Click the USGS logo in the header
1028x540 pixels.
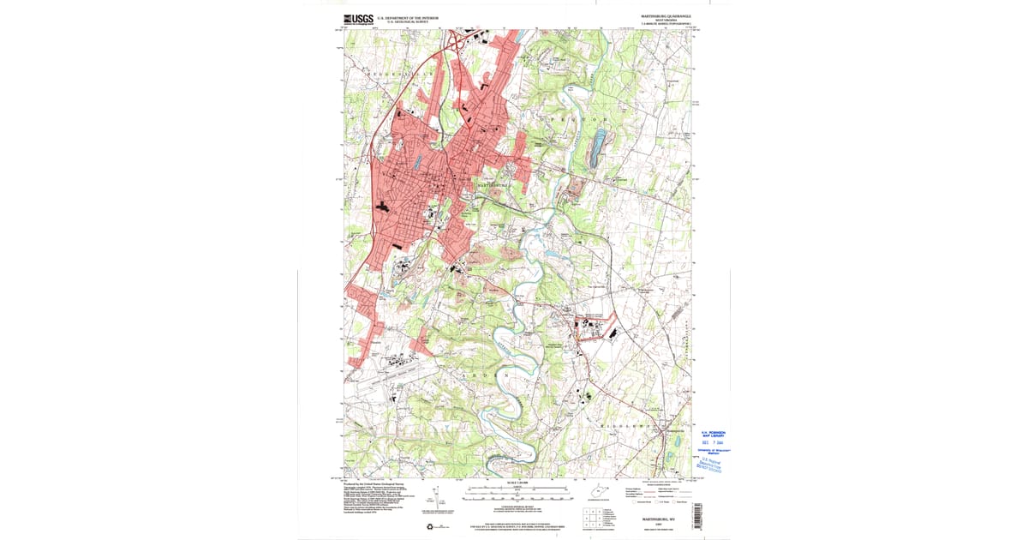[359, 19]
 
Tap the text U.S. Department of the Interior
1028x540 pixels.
[408, 17]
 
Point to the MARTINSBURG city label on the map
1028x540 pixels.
[490, 184]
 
